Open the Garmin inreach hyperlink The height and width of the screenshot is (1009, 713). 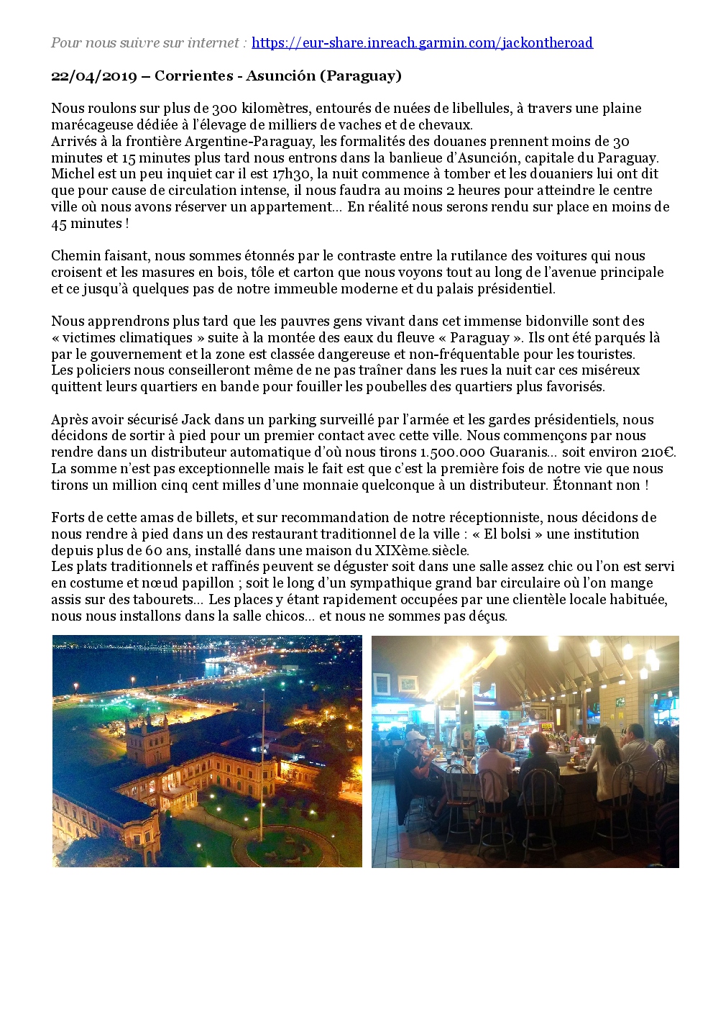click(x=422, y=42)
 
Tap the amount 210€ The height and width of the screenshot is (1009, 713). click(x=657, y=452)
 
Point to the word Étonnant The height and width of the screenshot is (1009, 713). click(x=582, y=485)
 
